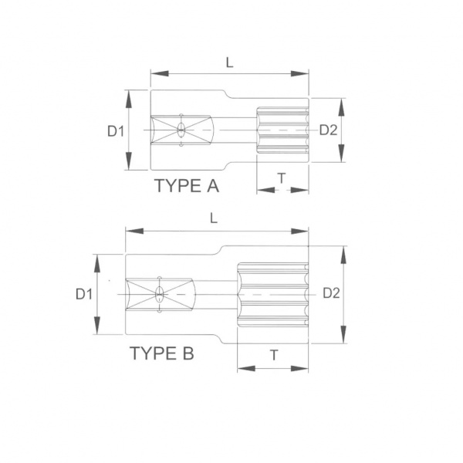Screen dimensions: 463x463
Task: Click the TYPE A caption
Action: [187, 186]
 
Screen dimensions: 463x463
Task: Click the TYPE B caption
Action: [162, 353]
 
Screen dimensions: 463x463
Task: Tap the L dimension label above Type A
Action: [229, 63]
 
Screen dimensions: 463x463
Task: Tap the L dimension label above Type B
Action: [214, 218]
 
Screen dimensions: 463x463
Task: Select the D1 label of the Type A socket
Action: [116, 131]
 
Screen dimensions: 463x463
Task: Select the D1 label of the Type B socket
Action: [84, 294]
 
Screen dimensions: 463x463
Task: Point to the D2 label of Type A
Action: [329, 130]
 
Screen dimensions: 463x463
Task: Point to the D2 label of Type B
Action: [331, 293]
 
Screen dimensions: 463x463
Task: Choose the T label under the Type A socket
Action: [282, 178]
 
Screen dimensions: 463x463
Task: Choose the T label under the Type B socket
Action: [274, 355]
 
